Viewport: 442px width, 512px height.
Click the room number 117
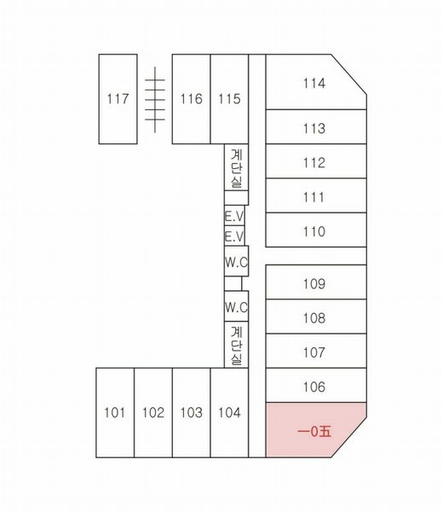118,99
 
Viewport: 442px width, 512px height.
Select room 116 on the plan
192,99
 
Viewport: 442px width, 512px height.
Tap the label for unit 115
229,99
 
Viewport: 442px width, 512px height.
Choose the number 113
314,128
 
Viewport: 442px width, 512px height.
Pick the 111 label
314,197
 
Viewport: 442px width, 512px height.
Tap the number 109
314,284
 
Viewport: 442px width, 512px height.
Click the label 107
314,352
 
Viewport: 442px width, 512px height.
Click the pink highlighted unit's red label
314,432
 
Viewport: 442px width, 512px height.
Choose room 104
229,412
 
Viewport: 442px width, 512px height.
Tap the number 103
192,412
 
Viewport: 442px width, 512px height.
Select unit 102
153,412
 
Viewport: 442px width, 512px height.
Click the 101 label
115,412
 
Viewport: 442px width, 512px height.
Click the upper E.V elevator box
234,216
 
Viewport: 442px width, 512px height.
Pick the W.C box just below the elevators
236,261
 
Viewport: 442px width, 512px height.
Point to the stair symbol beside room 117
155,100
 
